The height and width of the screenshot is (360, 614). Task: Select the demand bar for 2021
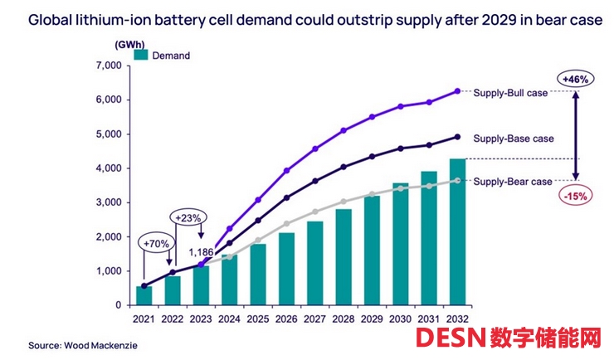pos(144,295)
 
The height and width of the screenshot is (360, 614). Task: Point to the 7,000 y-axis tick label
pos(108,66)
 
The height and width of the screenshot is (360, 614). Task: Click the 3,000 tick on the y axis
pos(108,202)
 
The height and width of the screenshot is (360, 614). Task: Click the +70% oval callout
pos(157,246)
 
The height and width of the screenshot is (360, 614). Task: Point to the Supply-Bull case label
pos(510,93)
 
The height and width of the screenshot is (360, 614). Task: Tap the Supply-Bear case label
pos(512,182)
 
